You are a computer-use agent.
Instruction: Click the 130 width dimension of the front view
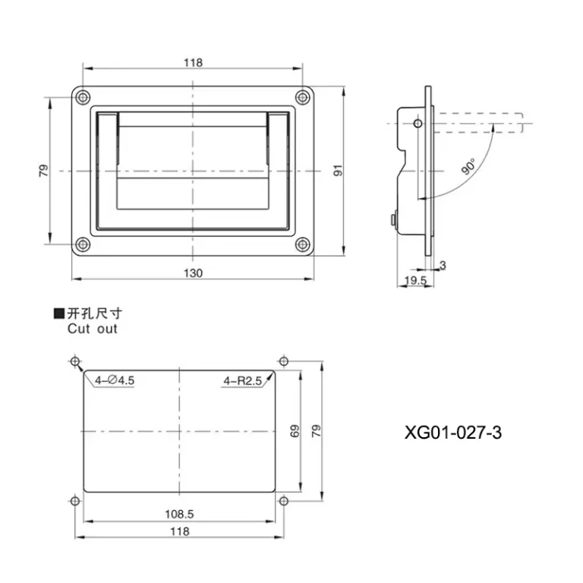194,273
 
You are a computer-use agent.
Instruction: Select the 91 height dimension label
338,170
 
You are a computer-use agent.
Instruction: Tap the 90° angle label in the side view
468,166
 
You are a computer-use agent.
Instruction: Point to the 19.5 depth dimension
415,280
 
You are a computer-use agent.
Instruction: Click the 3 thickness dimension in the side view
443,265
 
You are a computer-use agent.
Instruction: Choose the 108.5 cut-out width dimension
180,514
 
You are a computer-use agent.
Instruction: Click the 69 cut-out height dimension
295,431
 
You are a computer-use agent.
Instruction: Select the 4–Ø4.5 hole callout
115,380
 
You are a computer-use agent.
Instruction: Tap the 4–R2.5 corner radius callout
242,381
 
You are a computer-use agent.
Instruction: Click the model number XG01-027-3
453,433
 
